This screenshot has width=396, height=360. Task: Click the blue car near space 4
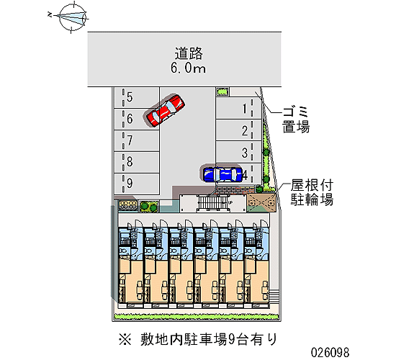(223, 174)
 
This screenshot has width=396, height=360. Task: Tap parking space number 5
(137, 98)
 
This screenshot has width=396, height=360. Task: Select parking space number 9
(137, 184)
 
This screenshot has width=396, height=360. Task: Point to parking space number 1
(238, 109)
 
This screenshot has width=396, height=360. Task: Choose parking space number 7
(137, 140)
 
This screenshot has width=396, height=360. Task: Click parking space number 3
(238, 153)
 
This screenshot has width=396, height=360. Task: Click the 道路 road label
(189, 53)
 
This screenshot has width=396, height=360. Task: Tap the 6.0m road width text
(188, 68)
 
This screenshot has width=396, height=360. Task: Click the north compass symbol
(72, 17)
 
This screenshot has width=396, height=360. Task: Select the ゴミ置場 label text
(296, 120)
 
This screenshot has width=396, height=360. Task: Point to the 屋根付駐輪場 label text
(312, 192)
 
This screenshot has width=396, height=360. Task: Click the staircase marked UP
(213, 203)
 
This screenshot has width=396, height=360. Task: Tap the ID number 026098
(330, 352)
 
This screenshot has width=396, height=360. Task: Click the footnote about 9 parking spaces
(198, 339)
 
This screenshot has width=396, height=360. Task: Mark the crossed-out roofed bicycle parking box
(261, 202)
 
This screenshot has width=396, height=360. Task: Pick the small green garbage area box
(222, 91)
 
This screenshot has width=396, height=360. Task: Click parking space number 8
(137, 162)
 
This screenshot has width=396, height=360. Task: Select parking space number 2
(238, 130)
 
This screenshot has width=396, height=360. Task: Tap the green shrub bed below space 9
(149, 207)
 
